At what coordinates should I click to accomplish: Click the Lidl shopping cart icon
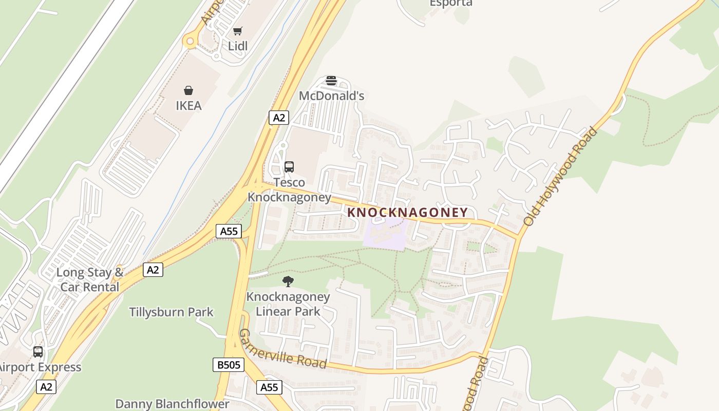coord(237,31)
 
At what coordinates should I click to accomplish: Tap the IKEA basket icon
coord(188,91)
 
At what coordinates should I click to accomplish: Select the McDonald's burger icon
coord(331,81)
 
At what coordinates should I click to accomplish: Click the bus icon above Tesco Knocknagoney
coord(289,166)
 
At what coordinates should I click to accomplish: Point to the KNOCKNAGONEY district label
coord(408,212)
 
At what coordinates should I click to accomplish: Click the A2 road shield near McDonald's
coord(279,118)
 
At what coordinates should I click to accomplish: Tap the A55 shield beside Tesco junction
coord(229,231)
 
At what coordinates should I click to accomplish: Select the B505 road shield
coord(228,365)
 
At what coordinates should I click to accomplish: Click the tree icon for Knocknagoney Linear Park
coord(288,281)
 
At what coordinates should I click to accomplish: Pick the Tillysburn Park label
coord(171,312)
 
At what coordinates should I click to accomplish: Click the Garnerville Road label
coord(283,349)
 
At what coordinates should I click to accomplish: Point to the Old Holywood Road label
coord(561,177)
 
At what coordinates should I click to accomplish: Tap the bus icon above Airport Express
coord(38,352)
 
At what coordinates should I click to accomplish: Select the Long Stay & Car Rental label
coord(90,279)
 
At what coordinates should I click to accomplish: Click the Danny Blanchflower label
coord(172,404)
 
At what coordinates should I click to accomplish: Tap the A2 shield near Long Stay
coord(153,270)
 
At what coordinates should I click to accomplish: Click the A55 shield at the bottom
coord(269,387)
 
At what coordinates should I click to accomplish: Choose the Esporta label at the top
coord(451,3)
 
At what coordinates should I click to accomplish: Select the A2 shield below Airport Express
coord(46,387)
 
